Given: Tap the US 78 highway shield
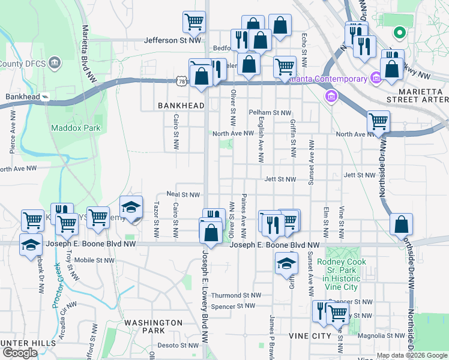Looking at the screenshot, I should (182, 80).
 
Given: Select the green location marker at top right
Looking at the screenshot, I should (399, 33).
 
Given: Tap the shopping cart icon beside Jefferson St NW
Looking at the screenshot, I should (194, 23).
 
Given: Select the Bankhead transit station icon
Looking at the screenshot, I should (45, 97).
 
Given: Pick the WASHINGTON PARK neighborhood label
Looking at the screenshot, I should (153, 326).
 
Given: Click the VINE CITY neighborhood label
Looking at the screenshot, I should (309, 336).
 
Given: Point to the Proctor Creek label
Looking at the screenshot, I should (57, 285).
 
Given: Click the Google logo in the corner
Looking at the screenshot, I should (20, 352).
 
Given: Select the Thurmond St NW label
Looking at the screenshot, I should (236, 295).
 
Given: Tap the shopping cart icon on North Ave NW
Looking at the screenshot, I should (378, 122).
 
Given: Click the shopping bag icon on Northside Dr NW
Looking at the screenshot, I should (401, 225).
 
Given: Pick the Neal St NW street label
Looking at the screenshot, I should (182, 195).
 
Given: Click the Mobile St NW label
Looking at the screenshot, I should (94, 260).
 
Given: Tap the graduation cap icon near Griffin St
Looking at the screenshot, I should (286, 263).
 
